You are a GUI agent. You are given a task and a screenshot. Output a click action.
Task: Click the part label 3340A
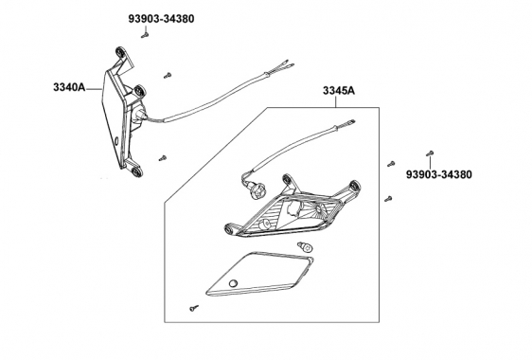(x=69, y=87)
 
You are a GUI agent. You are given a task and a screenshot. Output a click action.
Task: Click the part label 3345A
(x=339, y=91)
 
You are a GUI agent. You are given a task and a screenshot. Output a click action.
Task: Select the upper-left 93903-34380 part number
(x=161, y=19)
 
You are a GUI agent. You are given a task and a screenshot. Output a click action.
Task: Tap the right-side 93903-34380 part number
(x=438, y=174)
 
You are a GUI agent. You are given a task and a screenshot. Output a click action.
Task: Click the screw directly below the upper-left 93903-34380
(x=145, y=35)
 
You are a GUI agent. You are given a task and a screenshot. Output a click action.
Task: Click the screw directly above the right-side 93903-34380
(x=430, y=153)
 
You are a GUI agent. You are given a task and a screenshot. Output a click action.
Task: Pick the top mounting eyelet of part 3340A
(x=120, y=52)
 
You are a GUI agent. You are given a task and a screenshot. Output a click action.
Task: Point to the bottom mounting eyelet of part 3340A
(x=136, y=171)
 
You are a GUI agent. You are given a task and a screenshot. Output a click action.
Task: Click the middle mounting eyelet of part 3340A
(x=139, y=91)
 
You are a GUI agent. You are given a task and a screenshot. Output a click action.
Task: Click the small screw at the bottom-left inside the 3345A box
(x=194, y=308)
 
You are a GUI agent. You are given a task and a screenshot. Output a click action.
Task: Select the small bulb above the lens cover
(x=305, y=246)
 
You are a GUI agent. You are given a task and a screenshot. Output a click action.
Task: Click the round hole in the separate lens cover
(x=233, y=283)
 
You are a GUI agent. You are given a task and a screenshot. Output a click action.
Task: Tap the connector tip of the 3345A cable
(x=352, y=121)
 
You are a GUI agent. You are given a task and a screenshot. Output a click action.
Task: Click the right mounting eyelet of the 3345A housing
(x=354, y=186)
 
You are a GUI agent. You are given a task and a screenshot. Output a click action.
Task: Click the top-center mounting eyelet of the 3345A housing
(x=287, y=179)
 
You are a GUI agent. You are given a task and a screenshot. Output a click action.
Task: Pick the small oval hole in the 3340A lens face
(x=116, y=140)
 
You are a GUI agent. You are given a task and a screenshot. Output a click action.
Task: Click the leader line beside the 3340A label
(x=94, y=89)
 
